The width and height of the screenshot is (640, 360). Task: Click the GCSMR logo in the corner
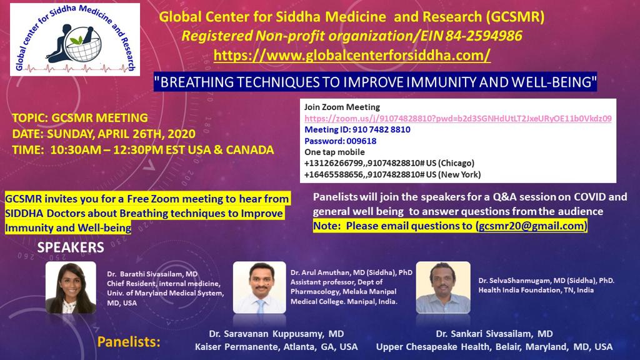pyautogui.click(x=75, y=39)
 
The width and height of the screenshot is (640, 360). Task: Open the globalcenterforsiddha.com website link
pyautogui.click(x=352, y=55)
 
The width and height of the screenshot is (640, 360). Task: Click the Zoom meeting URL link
pyautogui.click(x=458, y=118)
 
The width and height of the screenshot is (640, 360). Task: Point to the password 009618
pyautogui.click(x=362, y=141)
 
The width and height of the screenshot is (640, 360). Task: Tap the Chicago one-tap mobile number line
pyautogui.click(x=389, y=163)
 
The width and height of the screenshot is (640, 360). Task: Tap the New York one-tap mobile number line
pyautogui.click(x=392, y=175)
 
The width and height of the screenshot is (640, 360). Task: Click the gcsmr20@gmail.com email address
pyautogui.click(x=531, y=226)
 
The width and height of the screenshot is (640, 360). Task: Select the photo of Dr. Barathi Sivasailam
pyautogui.click(x=71, y=287)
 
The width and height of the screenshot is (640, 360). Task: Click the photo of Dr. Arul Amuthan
pyautogui.click(x=259, y=287)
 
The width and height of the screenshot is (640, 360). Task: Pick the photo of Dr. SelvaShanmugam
pyautogui.click(x=443, y=287)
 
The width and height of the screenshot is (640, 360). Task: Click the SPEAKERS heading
pyautogui.click(x=71, y=247)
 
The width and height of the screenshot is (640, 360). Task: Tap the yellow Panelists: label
pyautogui.click(x=129, y=342)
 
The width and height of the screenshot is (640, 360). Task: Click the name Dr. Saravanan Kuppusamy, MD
pyautogui.click(x=276, y=334)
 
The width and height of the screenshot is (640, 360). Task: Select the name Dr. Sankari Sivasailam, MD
pyautogui.click(x=494, y=334)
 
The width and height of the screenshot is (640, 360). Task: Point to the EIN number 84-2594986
pyautogui.click(x=483, y=36)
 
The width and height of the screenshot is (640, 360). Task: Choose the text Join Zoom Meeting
pyautogui.click(x=342, y=107)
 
